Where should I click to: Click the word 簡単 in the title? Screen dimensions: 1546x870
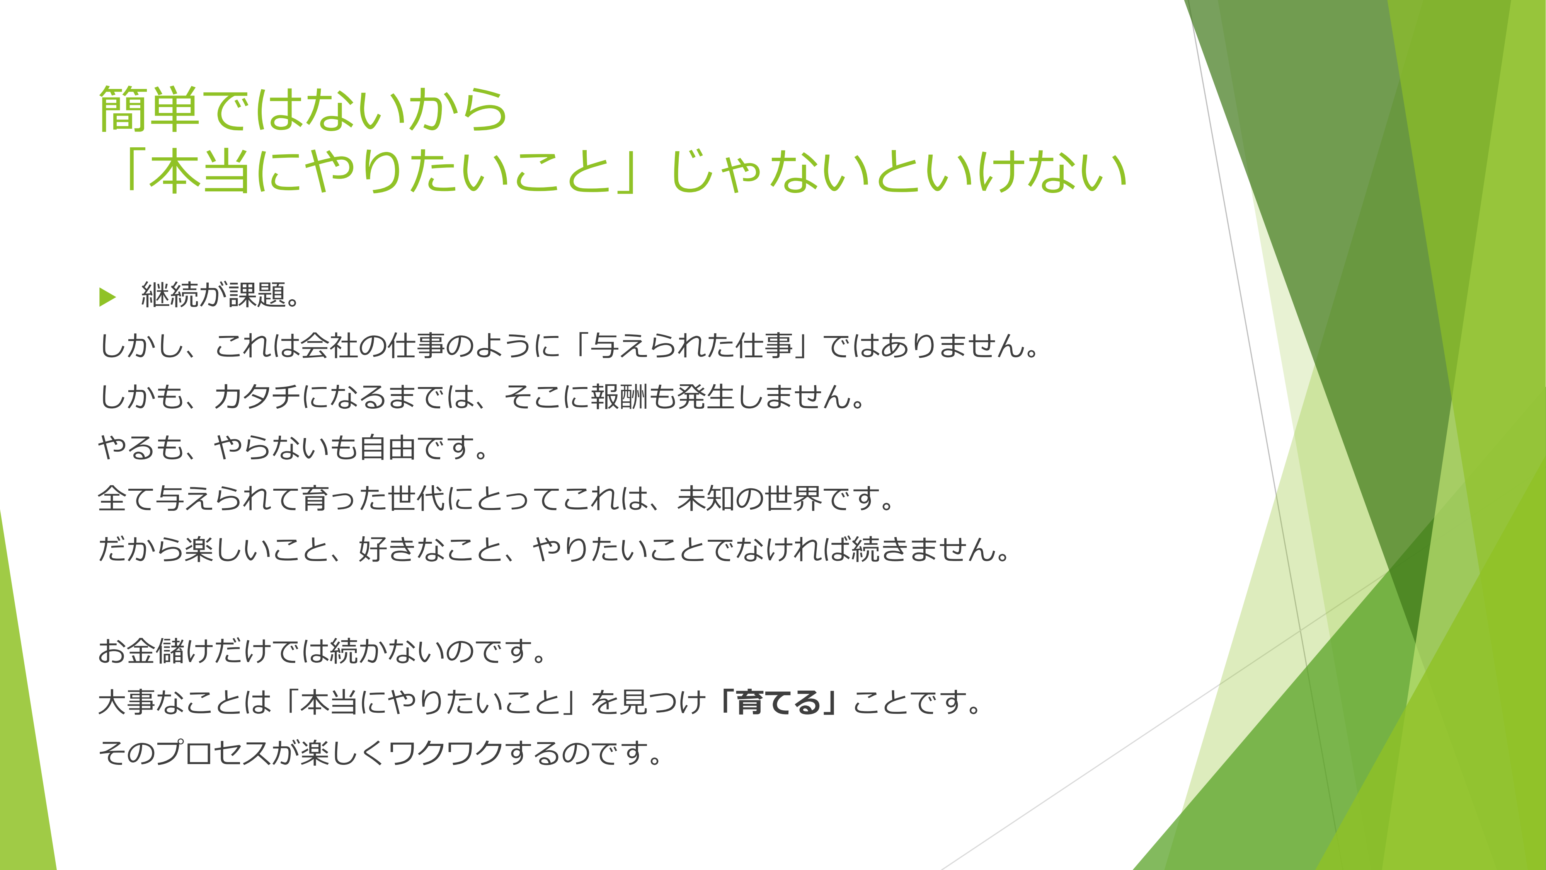[149, 109]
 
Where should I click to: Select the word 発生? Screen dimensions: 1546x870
[707, 397]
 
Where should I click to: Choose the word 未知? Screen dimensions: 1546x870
[707, 499]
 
